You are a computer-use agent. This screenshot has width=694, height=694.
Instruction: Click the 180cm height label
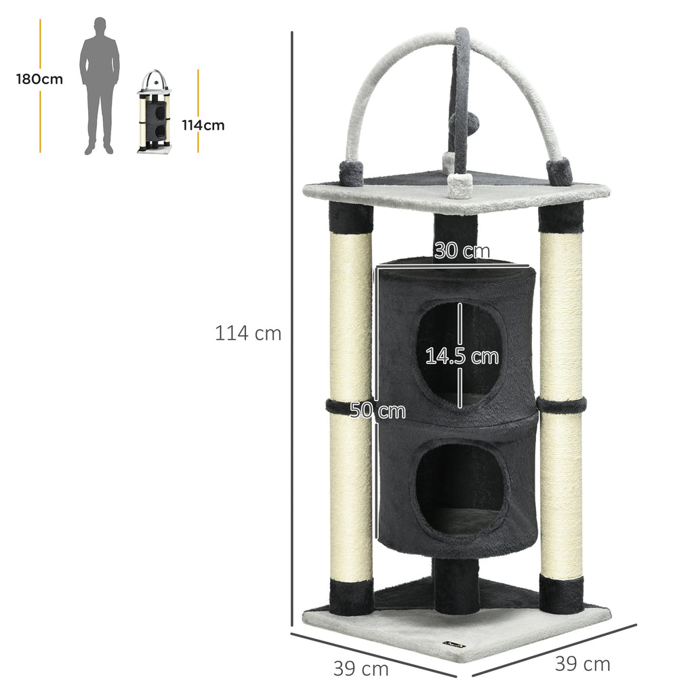[39, 79]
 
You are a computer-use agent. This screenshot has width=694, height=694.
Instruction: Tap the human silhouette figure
[100, 86]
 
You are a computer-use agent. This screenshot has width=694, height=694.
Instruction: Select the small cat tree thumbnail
[154, 111]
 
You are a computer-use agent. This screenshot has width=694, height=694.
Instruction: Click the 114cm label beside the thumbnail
[203, 125]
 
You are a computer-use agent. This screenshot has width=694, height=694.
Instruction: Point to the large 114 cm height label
[248, 333]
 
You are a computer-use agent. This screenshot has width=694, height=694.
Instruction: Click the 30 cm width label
[462, 251]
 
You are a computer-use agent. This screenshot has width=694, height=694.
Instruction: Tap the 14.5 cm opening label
[462, 356]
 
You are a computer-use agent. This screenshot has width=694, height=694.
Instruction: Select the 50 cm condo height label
[377, 411]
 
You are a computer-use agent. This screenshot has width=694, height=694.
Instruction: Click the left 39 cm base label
[361, 668]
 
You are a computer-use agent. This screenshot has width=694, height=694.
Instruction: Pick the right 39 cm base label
[582, 664]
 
